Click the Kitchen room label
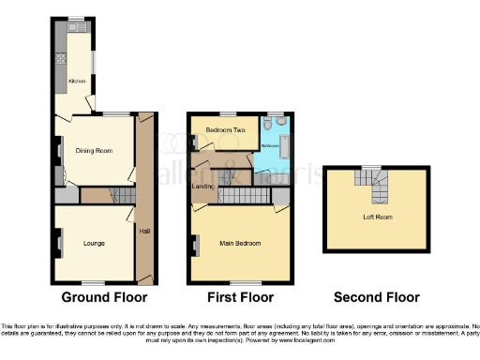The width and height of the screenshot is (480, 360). (x=77, y=82)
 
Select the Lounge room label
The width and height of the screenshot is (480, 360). (x=93, y=244)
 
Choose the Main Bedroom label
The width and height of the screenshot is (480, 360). (x=241, y=244)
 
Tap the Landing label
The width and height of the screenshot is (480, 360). (x=202, y=187)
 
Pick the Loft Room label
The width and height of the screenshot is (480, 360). (x=375, y=217)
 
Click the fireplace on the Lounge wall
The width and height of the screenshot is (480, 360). (x=59, y=245)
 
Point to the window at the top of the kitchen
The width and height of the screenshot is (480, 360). (x=76, y=18)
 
